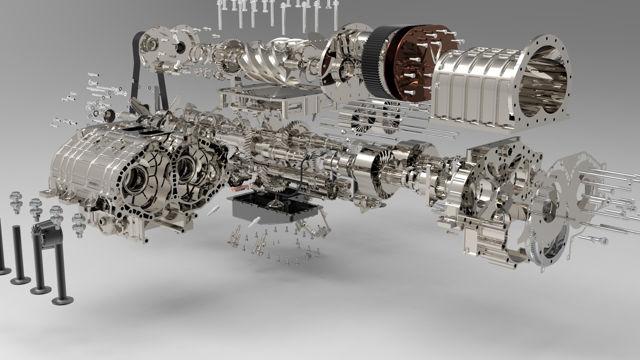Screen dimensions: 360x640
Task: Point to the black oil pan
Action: click(273, 208)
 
